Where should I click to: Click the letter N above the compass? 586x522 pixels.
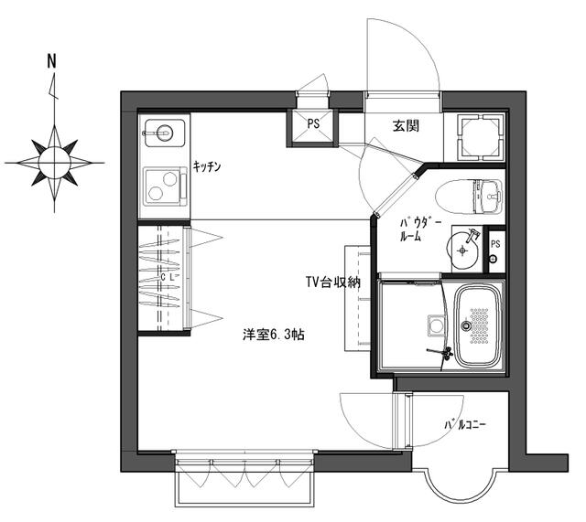52,63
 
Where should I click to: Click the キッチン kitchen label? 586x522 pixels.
207,166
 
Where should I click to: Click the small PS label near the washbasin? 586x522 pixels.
495,244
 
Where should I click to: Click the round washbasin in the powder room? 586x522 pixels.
466,247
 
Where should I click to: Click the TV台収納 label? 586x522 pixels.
332,283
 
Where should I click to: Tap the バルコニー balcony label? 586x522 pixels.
465,425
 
